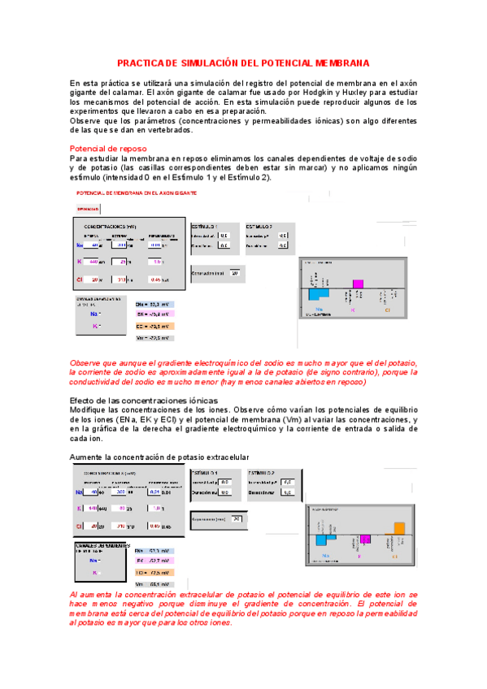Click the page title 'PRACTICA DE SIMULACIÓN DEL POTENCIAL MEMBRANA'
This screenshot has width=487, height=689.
[243, 63]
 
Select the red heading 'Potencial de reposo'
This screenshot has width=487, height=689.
[108, 149]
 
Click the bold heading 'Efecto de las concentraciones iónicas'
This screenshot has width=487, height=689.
[144, 401]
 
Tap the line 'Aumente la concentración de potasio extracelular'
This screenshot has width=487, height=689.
[159, 456]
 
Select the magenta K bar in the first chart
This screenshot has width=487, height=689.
[355, 284]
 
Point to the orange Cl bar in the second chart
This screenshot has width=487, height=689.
[398, 528]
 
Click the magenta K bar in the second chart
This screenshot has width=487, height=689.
[365, 539]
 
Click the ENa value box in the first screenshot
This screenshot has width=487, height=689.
[152, 303]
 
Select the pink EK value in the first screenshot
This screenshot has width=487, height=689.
[152, 314]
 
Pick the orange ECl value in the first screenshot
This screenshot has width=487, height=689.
[152, 326]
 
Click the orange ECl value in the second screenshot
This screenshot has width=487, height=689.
[151, 572]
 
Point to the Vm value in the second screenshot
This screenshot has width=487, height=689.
[151, 583]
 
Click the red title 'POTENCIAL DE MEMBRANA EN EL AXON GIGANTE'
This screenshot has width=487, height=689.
[136, 193]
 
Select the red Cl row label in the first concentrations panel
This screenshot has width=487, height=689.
[79, 279]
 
